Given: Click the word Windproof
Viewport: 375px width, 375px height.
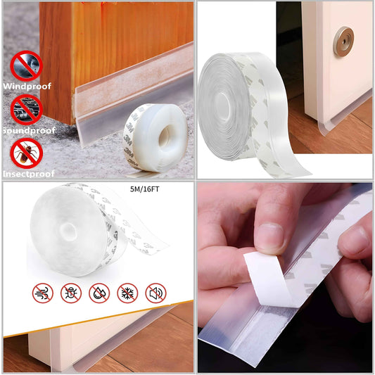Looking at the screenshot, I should click(27, 86).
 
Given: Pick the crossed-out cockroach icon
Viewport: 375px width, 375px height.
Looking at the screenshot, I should click(27, 153).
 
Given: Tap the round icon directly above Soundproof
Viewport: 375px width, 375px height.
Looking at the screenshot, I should click(27, 109).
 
